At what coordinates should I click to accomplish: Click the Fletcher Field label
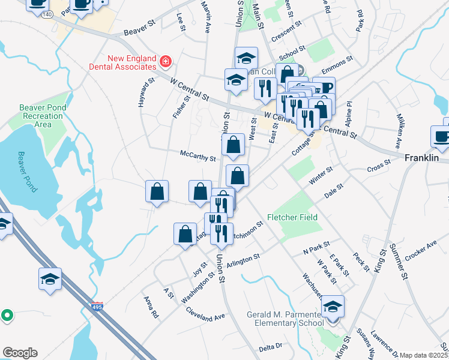coord(292,217)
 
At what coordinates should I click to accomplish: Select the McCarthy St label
coord(197,156)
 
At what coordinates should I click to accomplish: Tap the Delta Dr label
coord(270,347)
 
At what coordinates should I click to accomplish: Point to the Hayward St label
coord(146,90)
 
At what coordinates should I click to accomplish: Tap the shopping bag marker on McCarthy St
coord(234,145)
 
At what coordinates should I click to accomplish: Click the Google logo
coord(20,353)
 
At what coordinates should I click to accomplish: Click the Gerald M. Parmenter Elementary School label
coord(286,319)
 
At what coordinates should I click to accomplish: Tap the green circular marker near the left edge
coord(7,314)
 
